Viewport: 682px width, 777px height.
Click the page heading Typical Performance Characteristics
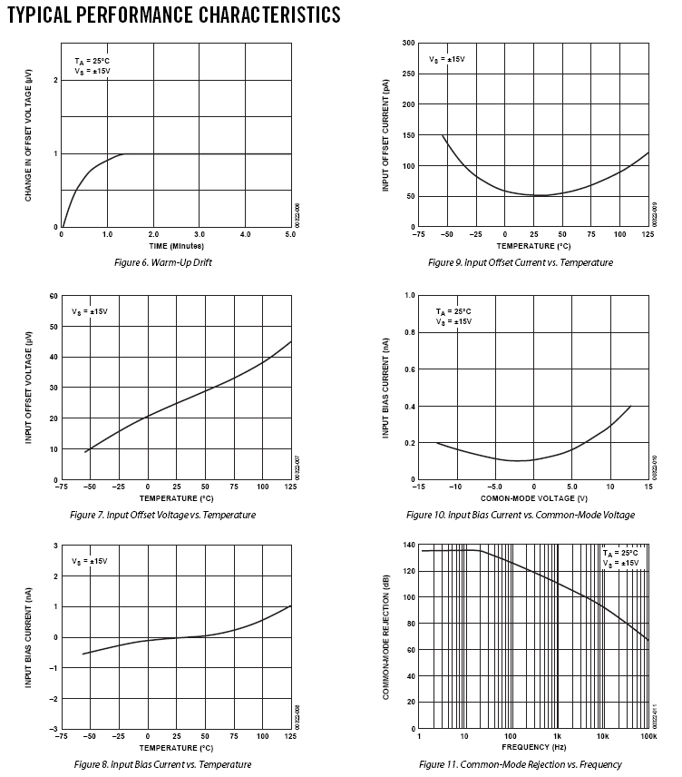coord(173,15)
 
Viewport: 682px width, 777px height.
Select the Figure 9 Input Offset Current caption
coord(521,262)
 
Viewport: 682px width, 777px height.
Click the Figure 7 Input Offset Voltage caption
coord(162,515)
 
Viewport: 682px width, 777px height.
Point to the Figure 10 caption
coord(521,515)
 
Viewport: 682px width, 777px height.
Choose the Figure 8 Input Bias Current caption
coord(162,764)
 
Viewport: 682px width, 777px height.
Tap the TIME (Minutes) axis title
coord(177,245)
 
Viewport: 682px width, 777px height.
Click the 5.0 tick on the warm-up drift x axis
coord(291,235)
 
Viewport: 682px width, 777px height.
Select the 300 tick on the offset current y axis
coord(409,43)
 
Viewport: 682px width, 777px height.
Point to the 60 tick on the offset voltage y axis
coord(54,296)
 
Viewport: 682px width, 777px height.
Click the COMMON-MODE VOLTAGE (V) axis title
coord(533,498)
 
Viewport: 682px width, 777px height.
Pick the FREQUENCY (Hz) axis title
coord(533,747)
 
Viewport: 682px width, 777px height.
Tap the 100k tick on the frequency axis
coord(648,737)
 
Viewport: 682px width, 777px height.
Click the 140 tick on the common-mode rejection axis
coord(409,545)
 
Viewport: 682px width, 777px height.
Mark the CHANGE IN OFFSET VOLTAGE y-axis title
coord(29,135)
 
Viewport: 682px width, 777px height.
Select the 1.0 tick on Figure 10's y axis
coord(410,296)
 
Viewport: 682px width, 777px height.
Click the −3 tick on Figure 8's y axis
coord(54,729)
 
